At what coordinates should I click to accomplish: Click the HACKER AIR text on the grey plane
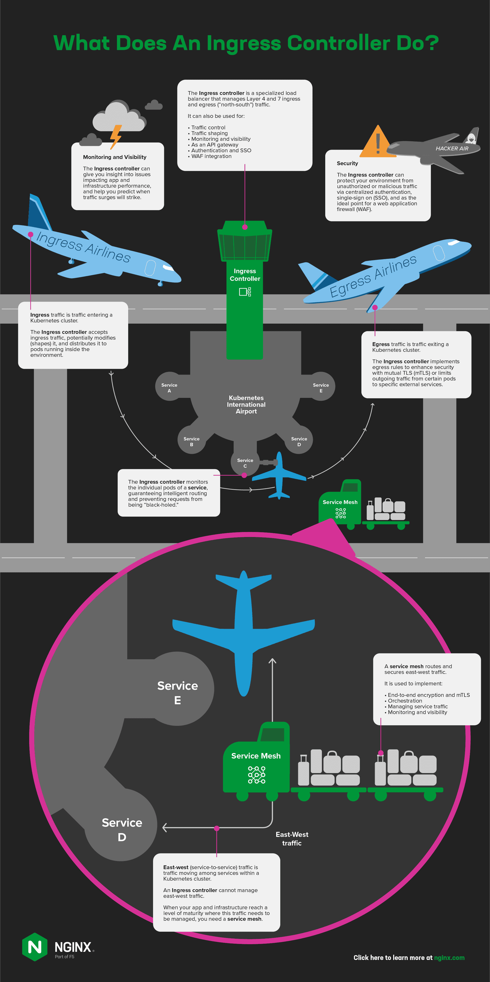coord(452,149)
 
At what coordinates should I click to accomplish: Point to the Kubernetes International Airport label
coord(246,405)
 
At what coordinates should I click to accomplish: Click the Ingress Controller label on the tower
coord(245,275)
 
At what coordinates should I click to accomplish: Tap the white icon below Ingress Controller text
coord(245,292)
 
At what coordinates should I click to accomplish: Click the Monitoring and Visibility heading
coord(115,157)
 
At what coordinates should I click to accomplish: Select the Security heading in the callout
coord(347,163)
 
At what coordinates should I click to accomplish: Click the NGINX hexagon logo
coord(35,947)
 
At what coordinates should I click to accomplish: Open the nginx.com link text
coord(449,958)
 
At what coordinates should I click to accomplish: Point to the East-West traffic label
coord(292,839)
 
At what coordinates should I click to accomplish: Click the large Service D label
coord(122,830)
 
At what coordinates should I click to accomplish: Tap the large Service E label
coord(177,693)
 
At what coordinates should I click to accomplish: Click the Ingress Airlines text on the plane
coord(84,247)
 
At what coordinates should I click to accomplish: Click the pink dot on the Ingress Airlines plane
coord(31,234)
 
